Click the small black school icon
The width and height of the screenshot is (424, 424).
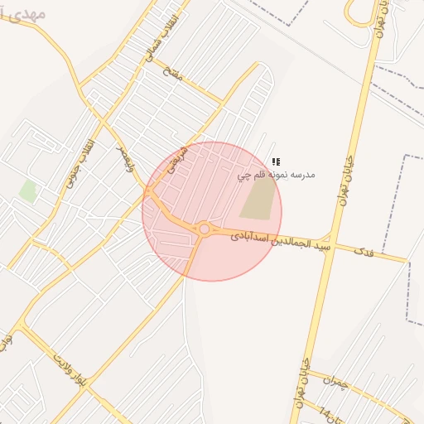[276, 161]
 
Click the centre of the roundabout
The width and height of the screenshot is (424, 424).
[204, 229]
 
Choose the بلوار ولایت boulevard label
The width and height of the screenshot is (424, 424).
[71, 369]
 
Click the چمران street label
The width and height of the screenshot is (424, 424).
[330, 385]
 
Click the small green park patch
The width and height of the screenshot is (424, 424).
[28, 190]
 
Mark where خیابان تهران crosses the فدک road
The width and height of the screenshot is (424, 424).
[330, 244]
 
